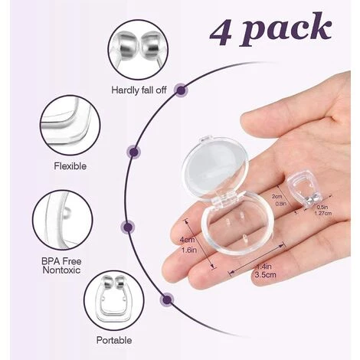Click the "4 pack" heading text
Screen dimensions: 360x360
[x=270, y=30]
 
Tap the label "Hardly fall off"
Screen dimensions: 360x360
[x=139, y=90]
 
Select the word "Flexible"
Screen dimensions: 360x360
[x=70, y=166]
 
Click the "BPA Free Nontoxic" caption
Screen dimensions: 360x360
[x=61, y=266]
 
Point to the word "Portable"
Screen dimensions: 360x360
[x=114, y=340]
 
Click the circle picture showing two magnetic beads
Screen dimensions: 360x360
[x=138, y=50]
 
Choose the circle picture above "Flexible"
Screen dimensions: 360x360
[x=70, y=126]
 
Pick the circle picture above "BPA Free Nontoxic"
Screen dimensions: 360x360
[x=63, y=221]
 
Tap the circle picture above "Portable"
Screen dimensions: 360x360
[x=114, y=301]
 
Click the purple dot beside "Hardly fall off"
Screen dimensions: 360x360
[x=181, y=90]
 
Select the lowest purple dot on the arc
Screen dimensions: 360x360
[x=167, y=299]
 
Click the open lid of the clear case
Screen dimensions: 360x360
[x=215, y=168]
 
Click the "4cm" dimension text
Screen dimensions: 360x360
[x=187, y=240]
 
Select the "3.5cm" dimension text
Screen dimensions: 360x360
[x=265, y=275]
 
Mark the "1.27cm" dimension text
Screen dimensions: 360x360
[x=323, y=213]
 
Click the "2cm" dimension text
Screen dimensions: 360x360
[x=277, y=197]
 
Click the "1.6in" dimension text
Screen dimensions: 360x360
[x=189, y=250]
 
